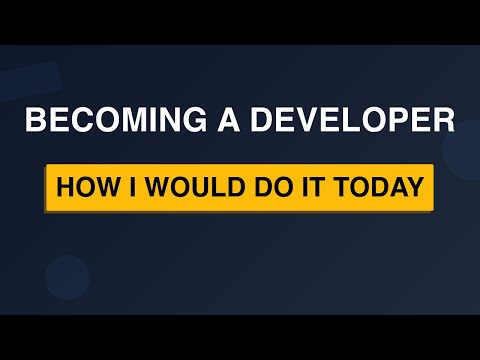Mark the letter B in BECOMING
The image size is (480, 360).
[x=35, y=123]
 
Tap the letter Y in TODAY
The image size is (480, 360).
[x=412, y=188]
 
